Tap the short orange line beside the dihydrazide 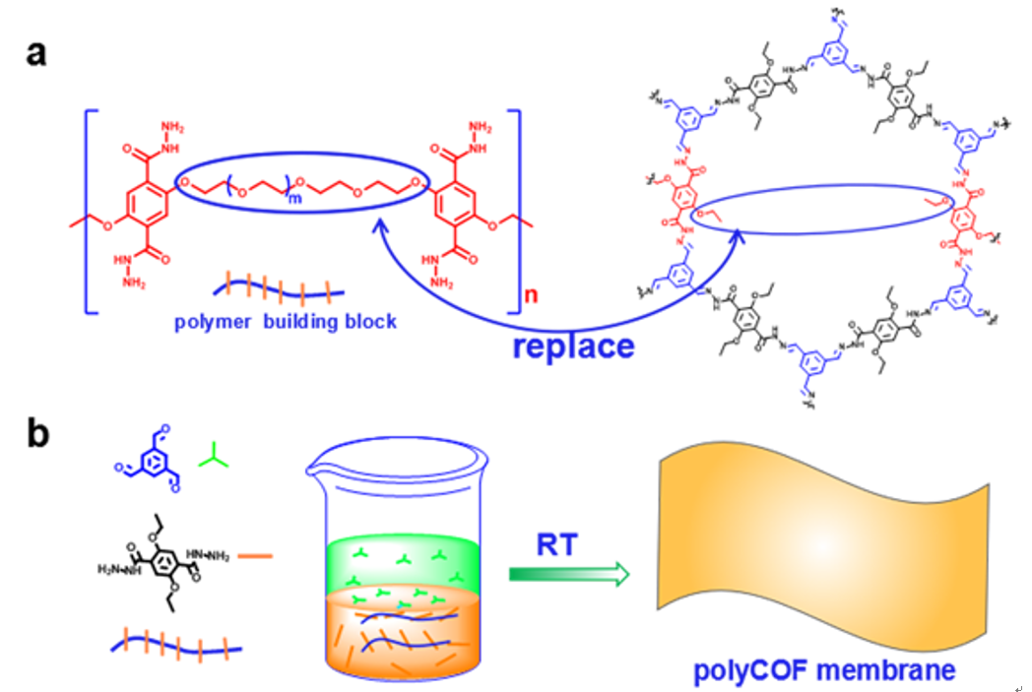pyautogui.click(x=257, y=556)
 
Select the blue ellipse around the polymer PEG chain pyautogui.click(x=300, y=184)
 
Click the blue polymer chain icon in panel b pyautogui.click(x=177, y=646)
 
